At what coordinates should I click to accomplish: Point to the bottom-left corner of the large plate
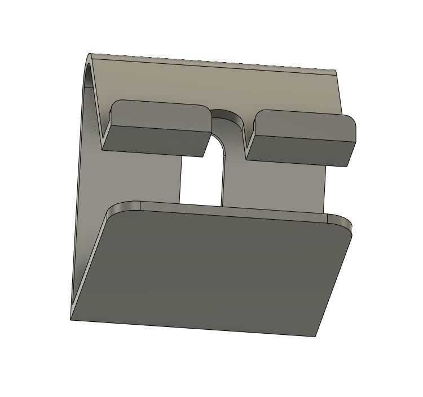tap(73, 318)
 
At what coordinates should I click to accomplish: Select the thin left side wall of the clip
tap(83, 198)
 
